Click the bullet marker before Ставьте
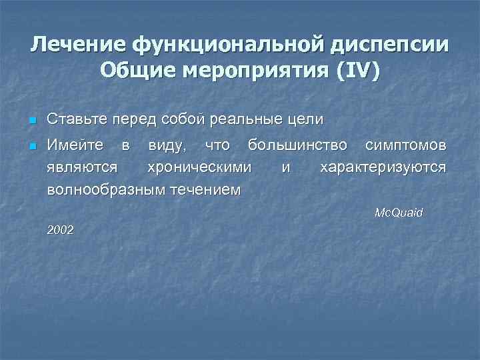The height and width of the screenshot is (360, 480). tap(31, 121)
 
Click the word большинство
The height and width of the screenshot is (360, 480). tap(297, 145)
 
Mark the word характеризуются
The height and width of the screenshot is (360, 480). tap(383, 167)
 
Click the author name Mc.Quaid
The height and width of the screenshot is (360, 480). tap(399, 213)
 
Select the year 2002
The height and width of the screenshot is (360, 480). tap(61, 230)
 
